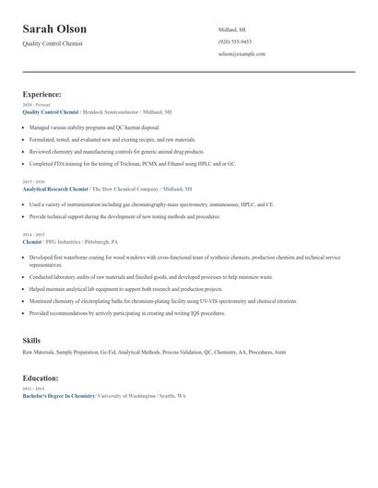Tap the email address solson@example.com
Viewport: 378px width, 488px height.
(242, 53)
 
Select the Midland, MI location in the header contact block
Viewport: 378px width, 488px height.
(232, 29)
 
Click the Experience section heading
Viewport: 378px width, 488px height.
(42, 94)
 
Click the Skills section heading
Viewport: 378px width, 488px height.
(32, 341)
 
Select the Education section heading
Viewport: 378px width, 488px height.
(41, 378)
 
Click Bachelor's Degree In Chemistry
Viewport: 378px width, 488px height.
(59, 395)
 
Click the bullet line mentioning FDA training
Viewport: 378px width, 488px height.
(132, 163)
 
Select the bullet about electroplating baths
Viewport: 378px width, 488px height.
(163, 300)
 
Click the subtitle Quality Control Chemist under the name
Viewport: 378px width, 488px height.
(53, 44)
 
